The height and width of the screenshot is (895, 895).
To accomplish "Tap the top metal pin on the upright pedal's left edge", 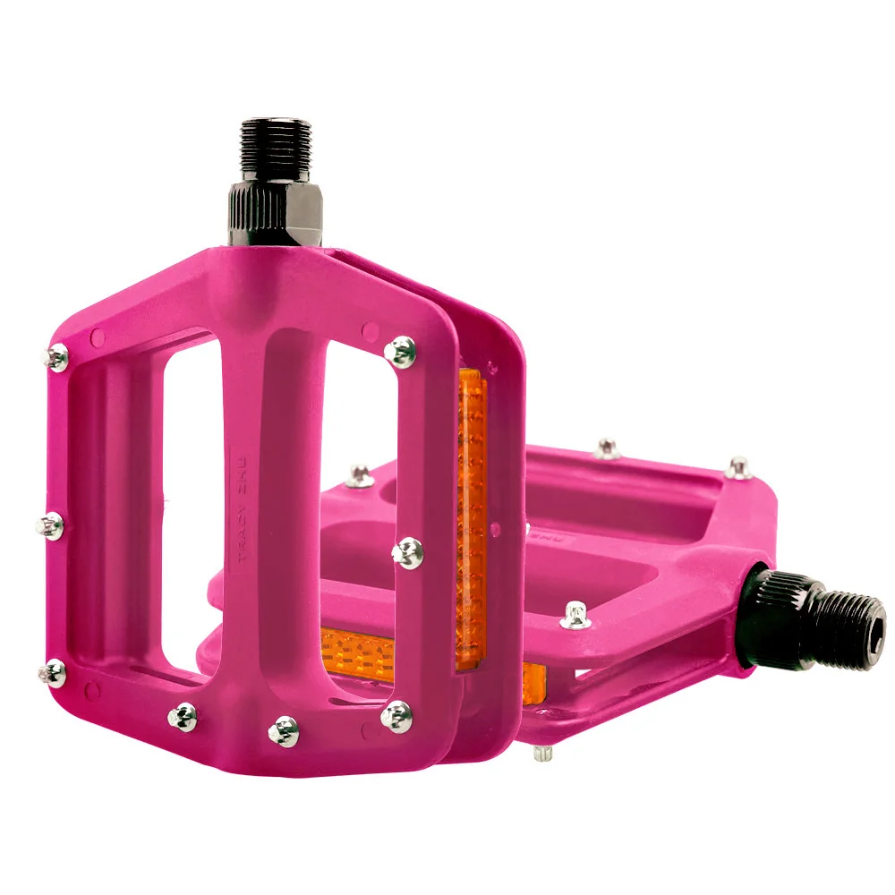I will pos(57,359).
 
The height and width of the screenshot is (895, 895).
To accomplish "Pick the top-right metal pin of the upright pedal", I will pos(402,351).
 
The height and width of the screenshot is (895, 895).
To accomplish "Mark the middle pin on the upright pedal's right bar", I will pos(407,552).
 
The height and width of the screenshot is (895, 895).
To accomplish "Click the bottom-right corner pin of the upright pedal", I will pos(396,715).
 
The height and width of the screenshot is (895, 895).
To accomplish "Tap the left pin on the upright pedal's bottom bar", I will pos(183,715).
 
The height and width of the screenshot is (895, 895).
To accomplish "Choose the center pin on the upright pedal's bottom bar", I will pos(284,729).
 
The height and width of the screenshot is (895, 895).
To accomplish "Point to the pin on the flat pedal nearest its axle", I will pos(575,616).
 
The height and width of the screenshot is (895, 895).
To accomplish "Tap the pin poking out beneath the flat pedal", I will pos(541,753).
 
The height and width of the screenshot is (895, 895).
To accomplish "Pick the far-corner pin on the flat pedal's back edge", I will pos(737,467).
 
